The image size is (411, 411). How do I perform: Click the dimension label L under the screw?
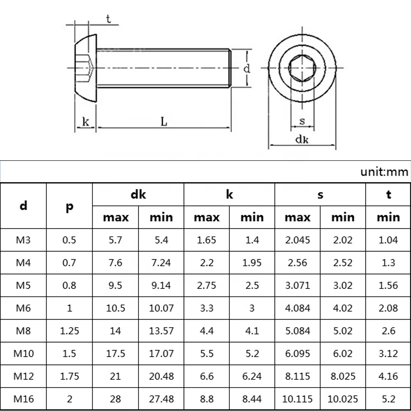[x=164, y=122]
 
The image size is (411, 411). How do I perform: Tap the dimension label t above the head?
[x=108, y=19]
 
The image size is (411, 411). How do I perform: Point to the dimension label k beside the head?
[x=85, y=122]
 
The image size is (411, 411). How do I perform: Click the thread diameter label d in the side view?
[x=246, y=68]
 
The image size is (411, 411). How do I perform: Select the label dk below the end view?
[x=302, y=139]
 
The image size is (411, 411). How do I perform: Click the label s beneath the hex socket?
[x=302, y=121]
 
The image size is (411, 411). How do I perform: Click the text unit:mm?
[x=384, y=172]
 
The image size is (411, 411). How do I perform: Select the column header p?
[x=69, y=206]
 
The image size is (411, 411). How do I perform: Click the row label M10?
[x=23, y=353]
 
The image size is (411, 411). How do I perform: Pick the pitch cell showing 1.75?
[x=69, y=376]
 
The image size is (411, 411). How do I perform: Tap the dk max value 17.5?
[x=115, y=353]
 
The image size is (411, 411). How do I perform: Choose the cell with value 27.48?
[x=161, y=398]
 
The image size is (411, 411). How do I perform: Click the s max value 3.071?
[x=298, y=285]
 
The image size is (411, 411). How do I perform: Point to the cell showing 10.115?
[x=298, y=398]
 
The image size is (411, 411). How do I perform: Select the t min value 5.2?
[x=388, y=398]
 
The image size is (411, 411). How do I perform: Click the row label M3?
[x=23, y=240]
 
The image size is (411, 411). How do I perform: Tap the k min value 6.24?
[x=252, y=376]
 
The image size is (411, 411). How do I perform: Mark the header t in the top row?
[x=388, y=194]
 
